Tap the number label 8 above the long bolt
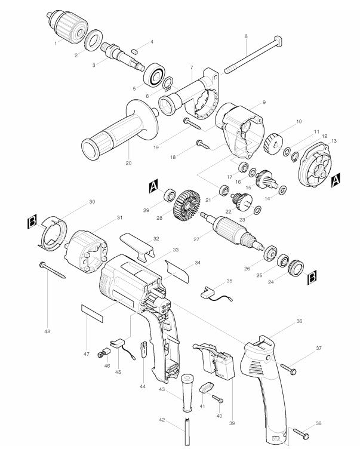click(x=245, y=36)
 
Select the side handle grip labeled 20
click(x=116, y=133)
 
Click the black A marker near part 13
click(x=336, y=179)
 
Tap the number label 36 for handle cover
click(x=299, y=321)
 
